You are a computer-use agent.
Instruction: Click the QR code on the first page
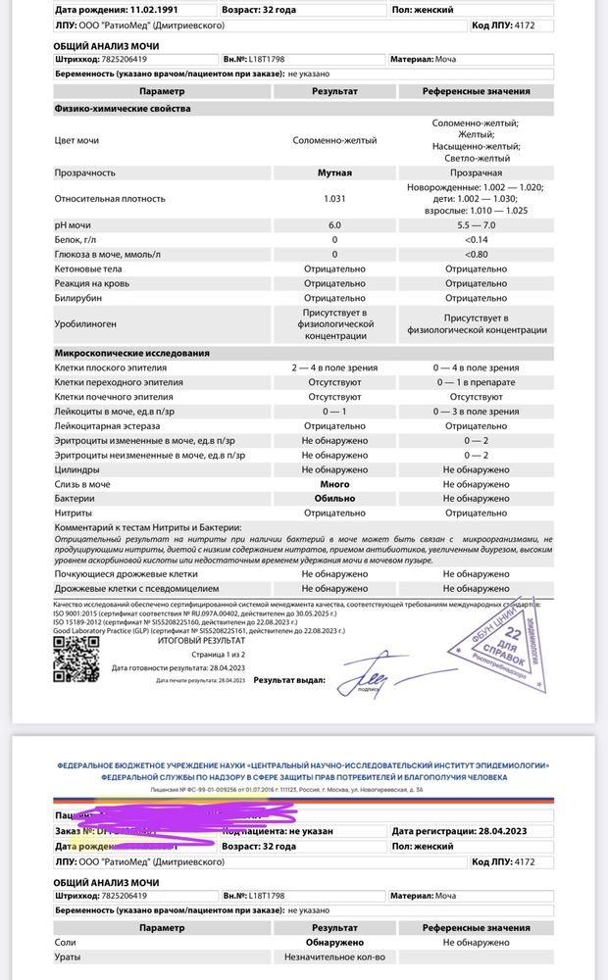click(76, 658)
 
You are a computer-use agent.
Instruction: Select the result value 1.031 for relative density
click(334, 199)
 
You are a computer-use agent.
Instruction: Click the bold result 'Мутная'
click(334, 173)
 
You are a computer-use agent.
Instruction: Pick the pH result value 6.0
click(334, 225)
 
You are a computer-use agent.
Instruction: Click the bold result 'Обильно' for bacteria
click(334, 499)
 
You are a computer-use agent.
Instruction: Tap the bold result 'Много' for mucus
click(334, 485)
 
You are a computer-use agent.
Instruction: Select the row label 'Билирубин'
click(78, 298)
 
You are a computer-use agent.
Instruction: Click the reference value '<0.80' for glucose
click(477, 254)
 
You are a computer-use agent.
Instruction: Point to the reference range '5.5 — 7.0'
click(477, 225)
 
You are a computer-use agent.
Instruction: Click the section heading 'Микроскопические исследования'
click(132, 353)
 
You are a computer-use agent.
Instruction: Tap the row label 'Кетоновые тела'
click(88, 269)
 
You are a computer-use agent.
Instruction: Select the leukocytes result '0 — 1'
click(334, 413)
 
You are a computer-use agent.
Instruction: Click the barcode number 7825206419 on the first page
click(120, 59)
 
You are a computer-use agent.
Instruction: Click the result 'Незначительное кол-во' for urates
click(334, 956)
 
